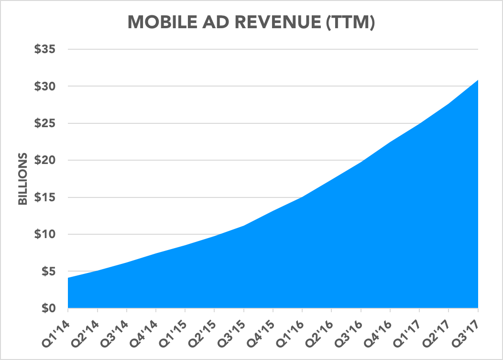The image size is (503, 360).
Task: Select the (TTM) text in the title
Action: [x=351, y=22]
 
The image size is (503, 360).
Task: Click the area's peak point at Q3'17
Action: [x=478, y=80]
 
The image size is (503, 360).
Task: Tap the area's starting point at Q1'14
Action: [x=68, y=278]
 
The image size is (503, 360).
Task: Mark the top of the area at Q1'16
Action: [x=302, y=196]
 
